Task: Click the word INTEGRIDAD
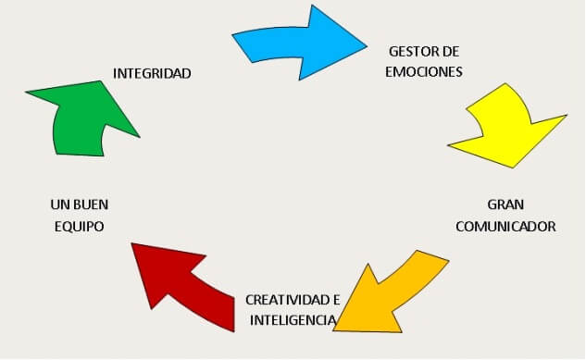click(x=152, y=73)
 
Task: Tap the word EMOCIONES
click(x=424, y=71)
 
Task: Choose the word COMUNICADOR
click(x=505, y=227)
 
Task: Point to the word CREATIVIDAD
click(x=287, y=300)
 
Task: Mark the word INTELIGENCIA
click(x=293, y=320)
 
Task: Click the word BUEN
click(x=91, y=205)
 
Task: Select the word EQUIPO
click(x=80, y=227)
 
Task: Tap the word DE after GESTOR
click(x=450, y=52)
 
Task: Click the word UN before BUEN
click(x=60, y=205)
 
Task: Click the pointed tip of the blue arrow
click(x=367, y=46)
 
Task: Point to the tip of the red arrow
click(x=131, y=243)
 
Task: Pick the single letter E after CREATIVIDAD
click(x=336, y=300)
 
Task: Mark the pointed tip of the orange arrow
click(x=333, y=330)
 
